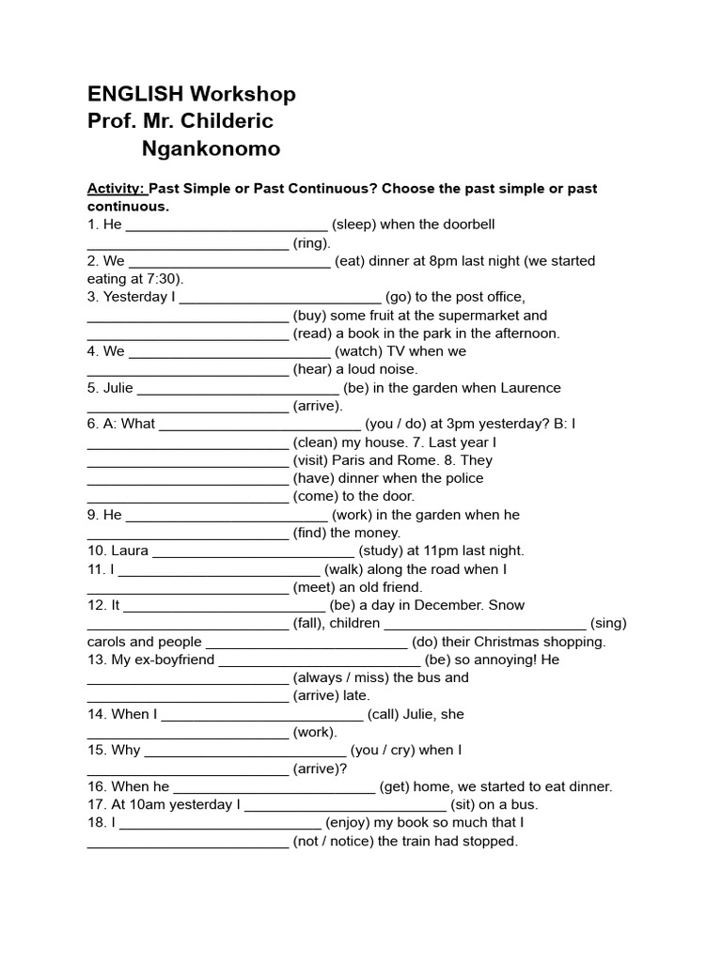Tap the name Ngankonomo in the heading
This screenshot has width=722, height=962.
tap(211, 148)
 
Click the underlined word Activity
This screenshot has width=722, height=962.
tap(116, 189)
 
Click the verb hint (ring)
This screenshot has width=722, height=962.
tap(311, 242)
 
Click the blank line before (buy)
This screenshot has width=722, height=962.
tap(187, 316)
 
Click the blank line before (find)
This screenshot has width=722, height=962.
tap(187, 533)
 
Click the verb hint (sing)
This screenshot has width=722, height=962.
tap(608, 623)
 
